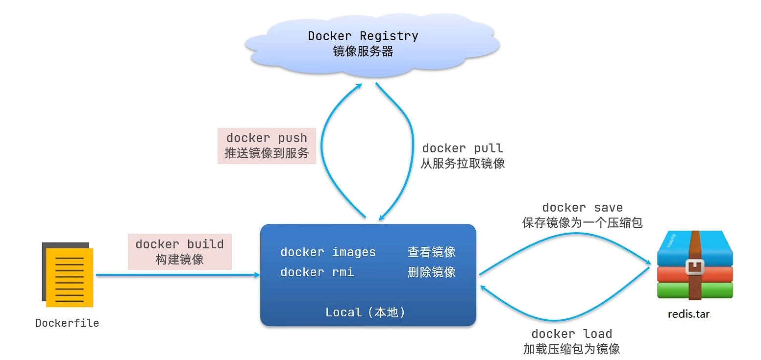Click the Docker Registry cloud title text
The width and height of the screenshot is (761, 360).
click(363, 36)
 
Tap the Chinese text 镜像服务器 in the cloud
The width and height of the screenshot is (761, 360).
click(363, 51)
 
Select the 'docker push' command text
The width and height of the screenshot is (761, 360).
click(267, 138)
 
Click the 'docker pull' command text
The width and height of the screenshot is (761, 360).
click(463, 148)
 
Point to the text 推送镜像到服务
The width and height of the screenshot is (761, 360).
click(267, 153)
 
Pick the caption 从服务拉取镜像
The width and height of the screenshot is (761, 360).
click(463, 164)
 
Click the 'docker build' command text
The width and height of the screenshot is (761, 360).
click(180, 244)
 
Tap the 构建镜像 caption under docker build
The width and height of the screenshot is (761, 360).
click(180, 260)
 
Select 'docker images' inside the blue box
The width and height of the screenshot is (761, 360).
click(328, 252)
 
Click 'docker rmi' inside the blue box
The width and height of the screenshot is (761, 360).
click(317, 272)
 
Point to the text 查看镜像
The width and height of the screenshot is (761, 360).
click(431, 252)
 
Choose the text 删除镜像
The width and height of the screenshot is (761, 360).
click(431, 272)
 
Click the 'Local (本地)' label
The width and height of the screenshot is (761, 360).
click(366, 312)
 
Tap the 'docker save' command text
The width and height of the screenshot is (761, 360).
click(582, 208)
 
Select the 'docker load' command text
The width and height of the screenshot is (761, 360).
click(572, 334)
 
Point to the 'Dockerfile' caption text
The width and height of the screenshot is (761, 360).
click(67, 323)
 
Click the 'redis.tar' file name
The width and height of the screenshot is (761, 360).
click(689, 314)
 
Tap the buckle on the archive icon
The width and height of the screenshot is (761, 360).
click(695, 267)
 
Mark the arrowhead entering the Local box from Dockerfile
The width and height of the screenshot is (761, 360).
click(257, 275)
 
